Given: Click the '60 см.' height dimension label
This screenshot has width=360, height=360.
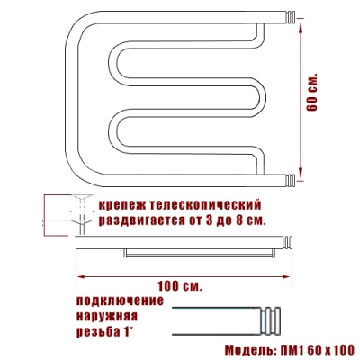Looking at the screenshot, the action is (x=312, y=92).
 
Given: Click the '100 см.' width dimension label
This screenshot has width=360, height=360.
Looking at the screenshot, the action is (x=180, y=286).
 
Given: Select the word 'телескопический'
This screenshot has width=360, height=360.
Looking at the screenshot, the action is (x=204, y=206).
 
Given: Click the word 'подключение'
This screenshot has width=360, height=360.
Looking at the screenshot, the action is (x=121, y=301).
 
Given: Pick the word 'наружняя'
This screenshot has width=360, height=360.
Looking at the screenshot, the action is (x=107, y=316).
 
